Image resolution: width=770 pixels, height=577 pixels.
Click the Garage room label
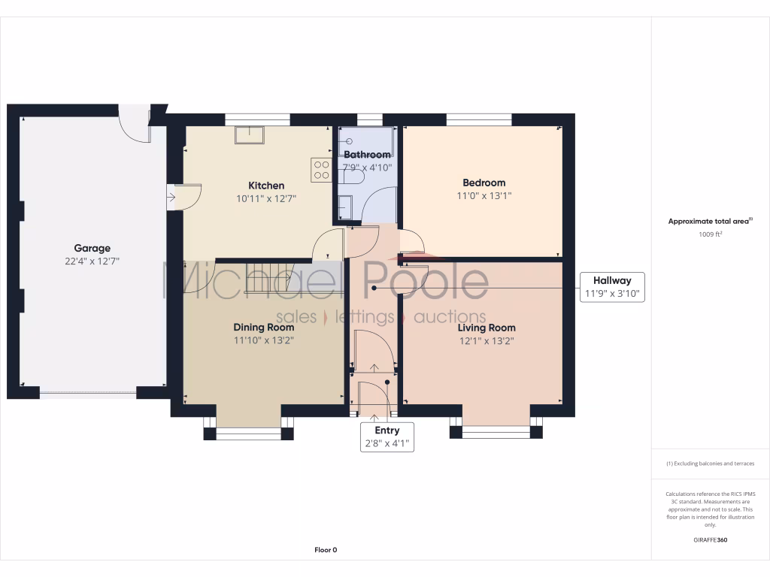click(x=92, y=248)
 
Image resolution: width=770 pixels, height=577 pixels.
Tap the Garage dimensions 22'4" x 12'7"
click(x=92, y=261)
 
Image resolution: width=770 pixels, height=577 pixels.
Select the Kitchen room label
click(x=266, y=186)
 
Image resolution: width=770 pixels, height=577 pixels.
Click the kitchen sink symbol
click(x=249, y=134)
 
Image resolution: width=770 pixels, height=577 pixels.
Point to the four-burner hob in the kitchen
click(x=321, y=169)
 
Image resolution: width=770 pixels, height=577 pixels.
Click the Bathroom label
click(x=367, y=155)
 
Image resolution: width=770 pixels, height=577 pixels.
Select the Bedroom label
click(x=484, y=183)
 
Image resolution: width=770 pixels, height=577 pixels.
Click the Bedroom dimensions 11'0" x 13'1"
click(x=484, y=196)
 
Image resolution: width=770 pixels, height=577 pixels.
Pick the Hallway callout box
click(x=611, y=287)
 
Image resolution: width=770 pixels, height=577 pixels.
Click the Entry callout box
click(x=387, y=437)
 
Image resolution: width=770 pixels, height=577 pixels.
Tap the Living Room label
click(x=487, y=328)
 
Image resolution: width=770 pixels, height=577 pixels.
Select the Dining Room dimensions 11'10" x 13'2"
click(x=263, y=340)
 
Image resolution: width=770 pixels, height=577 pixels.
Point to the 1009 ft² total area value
click(x=710, y=234)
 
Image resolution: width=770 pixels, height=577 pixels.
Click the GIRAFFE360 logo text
click(x=710, y=539)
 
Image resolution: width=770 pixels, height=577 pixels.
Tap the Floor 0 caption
click(x=326, y=550)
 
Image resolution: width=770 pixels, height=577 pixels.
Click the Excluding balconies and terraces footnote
click(x=710, y=464)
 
